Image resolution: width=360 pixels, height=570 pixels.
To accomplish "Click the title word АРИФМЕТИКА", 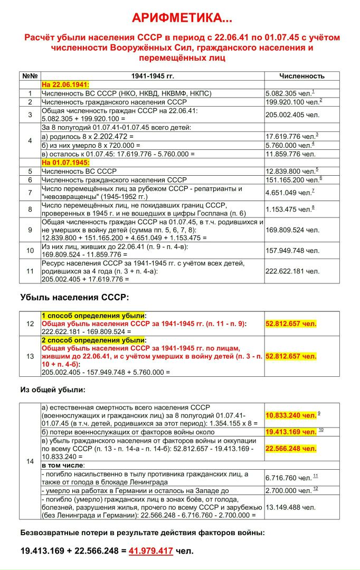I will point(177,18).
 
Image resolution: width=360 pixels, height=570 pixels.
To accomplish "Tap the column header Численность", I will point(301,76).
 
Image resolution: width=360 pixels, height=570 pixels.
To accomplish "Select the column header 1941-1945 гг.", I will point(153,76).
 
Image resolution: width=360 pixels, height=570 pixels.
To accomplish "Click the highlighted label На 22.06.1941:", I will point(65,84).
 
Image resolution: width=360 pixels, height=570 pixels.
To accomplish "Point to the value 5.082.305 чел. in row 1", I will point(288,93).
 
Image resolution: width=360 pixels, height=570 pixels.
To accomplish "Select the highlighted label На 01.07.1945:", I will point(65,163).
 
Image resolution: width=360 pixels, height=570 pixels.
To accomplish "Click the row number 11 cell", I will point(30,271).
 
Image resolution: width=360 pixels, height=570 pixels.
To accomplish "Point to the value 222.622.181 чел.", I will point(292,271).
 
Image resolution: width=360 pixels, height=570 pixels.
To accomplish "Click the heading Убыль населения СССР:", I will point(74,298).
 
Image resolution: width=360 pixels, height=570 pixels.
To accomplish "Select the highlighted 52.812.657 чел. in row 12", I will point(291,324).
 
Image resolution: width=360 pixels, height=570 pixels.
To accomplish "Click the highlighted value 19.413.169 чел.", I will point(291,432).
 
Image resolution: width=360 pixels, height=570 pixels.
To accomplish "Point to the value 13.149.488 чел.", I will point(291,507).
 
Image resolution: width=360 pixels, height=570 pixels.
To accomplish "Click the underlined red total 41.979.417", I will point(151,551).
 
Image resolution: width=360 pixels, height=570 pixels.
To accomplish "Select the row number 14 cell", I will point(30,461).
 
